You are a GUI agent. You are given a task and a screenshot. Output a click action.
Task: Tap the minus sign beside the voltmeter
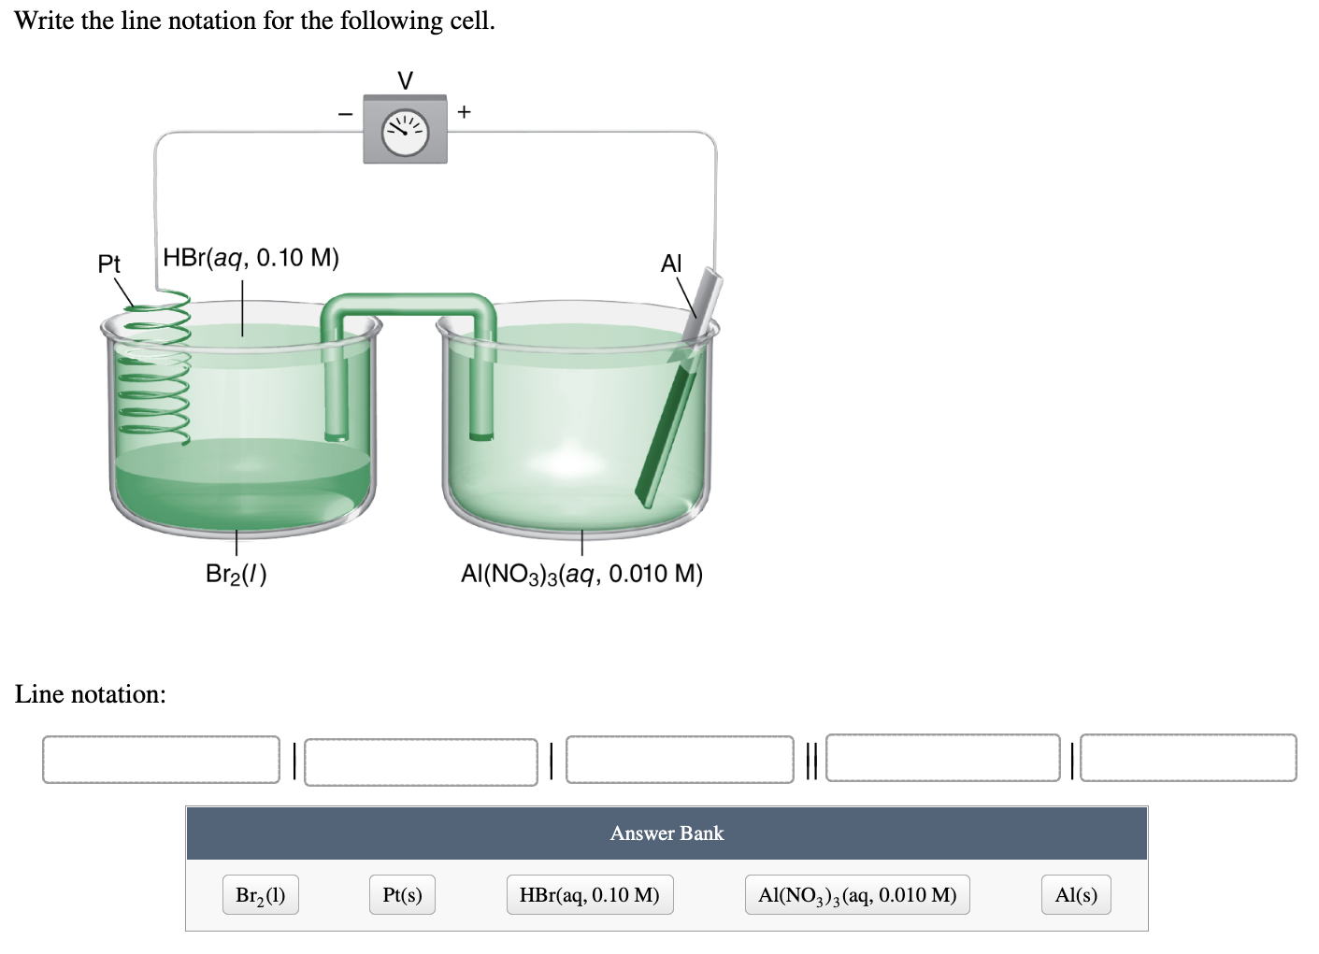click(345, 114)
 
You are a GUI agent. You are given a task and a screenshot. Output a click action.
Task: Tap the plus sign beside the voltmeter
click(466, 112)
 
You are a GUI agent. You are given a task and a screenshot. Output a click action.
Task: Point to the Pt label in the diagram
click(109, 264)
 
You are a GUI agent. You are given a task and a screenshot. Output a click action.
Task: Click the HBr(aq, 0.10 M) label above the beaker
click(251, 257)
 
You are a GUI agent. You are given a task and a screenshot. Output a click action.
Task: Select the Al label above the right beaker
click(671, 263)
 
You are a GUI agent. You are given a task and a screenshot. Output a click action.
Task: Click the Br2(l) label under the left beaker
click(236, 574)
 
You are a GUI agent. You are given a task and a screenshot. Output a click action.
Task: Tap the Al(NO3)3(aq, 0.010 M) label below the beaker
click(581, 573)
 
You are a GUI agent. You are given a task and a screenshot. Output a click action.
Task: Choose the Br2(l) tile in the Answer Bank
click(261, 895)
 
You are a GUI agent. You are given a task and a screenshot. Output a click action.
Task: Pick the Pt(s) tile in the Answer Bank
click(402, 895)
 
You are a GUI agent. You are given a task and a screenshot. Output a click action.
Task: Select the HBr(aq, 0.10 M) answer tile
click(589, 895)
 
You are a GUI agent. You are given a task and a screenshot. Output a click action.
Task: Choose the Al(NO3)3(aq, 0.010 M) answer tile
click(857, 895)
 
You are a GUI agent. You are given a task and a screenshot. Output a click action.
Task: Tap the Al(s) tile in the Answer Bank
click(1076, 895)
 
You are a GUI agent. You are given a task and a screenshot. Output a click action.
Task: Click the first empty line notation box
click(161, 759)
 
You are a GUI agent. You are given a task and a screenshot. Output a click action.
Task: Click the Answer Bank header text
click(667, 833)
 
